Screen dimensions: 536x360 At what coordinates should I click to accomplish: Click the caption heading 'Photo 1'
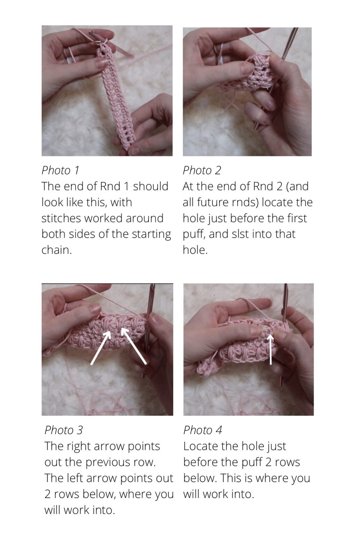pyautogui.click(x=60, y=170)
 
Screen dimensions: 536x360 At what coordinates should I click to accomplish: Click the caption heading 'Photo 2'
pyautogui.click(x=202, y=170)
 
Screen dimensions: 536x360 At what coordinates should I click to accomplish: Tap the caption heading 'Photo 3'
pyautogui.click(x=64, y=430)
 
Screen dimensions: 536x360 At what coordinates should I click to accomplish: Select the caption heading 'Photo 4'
pyautogui.click(x=203, y=430)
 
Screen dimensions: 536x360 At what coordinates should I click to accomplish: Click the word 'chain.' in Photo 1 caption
pyautogui.click(x=57, y=250)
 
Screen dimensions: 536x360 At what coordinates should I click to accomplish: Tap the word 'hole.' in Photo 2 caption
pyautogui.click(x=195, y=250)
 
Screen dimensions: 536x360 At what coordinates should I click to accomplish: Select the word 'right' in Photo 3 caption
pyautogui.click(x=81, y=446)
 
